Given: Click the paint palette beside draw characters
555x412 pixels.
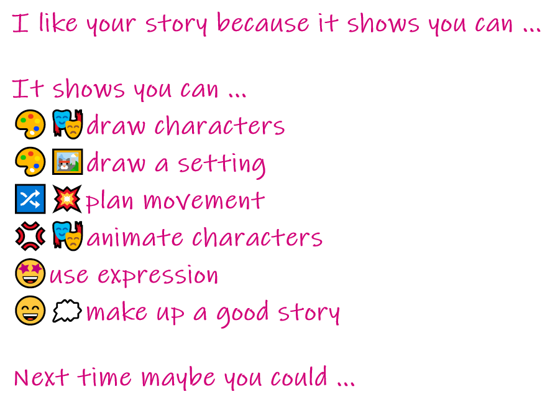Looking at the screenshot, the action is coord(30,124).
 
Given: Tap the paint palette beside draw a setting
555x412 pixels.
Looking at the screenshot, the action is coord(30,162).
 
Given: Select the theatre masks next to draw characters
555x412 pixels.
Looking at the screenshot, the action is coord(68,124).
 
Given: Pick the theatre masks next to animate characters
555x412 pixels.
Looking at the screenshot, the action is coord(68,236).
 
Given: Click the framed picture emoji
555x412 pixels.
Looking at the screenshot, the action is coord(68,162).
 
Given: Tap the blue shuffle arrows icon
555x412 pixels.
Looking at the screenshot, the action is coord(30,199).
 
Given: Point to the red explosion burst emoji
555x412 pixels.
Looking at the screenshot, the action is coord(67,199).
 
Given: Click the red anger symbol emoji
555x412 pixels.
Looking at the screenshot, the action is coord(30,236).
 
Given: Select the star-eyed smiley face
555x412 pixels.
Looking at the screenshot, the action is coord(30,273).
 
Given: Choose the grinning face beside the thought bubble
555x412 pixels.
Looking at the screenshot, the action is coord(30,310).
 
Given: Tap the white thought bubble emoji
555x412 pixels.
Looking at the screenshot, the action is coord(67,311).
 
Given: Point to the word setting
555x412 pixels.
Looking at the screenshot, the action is coord(222,164).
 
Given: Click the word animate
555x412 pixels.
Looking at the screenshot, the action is coord(135,237).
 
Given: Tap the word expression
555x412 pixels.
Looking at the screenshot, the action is coord(158,276).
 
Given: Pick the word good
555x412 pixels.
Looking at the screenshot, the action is coord(242,312).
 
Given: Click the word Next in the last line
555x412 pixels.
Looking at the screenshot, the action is coord(42,377).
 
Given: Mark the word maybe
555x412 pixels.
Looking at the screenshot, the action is coord(178,378).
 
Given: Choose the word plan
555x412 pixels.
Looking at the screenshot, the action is coord(109,202).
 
